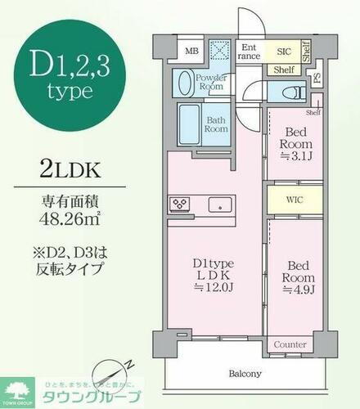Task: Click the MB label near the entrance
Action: [x=191, y=51]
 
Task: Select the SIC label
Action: [x=282, y=51]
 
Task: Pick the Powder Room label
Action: [x=211, y=81]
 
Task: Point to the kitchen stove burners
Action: [x=178, y=203]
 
